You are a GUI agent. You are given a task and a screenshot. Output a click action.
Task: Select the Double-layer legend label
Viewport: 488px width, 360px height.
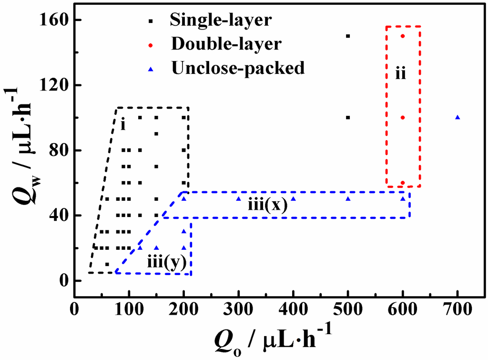tap(225, 44)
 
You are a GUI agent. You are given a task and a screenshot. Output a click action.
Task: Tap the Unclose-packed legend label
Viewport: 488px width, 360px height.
tap(237, 68)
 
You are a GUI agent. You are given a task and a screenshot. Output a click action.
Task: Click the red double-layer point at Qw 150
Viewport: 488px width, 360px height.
tap(403, 36)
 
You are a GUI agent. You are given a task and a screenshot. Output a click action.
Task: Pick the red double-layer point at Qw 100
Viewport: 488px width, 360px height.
tap(403, 117)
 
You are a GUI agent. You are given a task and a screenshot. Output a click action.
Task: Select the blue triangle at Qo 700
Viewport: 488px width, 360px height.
tap(457, 117)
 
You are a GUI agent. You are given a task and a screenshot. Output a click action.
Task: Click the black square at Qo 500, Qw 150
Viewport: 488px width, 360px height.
tap(348, 36)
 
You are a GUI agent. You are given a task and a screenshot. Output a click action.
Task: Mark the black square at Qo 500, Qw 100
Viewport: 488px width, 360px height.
tap(348, 117)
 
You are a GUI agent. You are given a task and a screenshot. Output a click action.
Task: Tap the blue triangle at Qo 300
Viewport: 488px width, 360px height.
tap(238, 199)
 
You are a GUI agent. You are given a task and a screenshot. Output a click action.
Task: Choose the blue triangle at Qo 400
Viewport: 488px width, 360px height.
tap(293, 199)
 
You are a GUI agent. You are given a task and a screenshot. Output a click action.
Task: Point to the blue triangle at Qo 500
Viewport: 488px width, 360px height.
tap(348, 199)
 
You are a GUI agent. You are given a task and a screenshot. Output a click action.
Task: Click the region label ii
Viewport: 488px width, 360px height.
tap(401, 74)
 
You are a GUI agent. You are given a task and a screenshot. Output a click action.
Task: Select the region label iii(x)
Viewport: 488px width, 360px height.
tap(267, 206)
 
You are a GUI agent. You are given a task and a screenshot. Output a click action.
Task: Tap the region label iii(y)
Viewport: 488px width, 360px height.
tap(165, 263)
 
